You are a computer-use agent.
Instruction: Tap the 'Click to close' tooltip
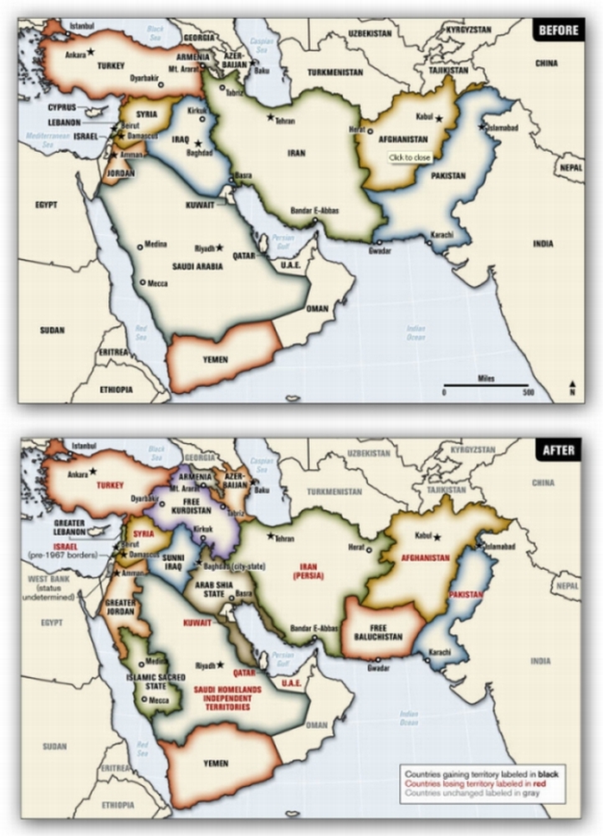410,158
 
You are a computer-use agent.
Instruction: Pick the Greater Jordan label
120,606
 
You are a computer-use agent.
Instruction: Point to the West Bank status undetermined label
47,584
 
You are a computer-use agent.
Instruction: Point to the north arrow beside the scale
572,388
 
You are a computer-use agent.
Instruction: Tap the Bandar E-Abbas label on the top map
314,211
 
